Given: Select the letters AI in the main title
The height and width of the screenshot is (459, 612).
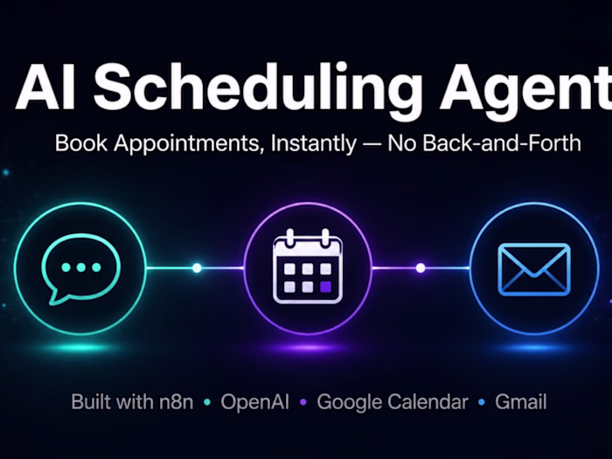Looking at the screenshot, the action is [45, 87].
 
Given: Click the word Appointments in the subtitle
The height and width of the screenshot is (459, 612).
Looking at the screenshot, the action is [186, 143].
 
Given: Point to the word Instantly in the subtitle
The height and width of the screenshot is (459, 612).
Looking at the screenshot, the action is [313, 143].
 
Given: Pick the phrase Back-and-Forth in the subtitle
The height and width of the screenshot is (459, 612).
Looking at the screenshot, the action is [502, 143].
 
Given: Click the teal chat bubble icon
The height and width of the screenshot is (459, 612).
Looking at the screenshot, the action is [80, 268].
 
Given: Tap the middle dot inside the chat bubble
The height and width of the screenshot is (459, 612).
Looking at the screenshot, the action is [80, 268].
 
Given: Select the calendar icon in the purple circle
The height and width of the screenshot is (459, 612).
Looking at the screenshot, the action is [308, 266].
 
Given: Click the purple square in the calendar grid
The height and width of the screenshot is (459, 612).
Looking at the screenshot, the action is [325, 287].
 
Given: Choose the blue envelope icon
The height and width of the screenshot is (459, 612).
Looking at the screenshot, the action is [534, 269].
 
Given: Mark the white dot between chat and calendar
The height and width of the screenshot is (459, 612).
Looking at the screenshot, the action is [197, 268].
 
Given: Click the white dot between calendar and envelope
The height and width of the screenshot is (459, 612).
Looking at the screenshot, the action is [421, 268].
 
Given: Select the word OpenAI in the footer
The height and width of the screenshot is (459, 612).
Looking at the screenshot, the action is [255, 402].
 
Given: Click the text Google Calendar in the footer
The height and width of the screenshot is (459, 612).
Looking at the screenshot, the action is [393, 402].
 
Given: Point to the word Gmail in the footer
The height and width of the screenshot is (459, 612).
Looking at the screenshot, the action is [521, 402].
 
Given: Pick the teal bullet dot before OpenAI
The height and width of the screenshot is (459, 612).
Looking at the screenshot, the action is [207, 402].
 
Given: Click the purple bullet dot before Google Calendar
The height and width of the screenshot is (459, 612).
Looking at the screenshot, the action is [303, 402].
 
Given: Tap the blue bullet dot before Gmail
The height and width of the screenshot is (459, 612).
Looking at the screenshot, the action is [481, 402].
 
